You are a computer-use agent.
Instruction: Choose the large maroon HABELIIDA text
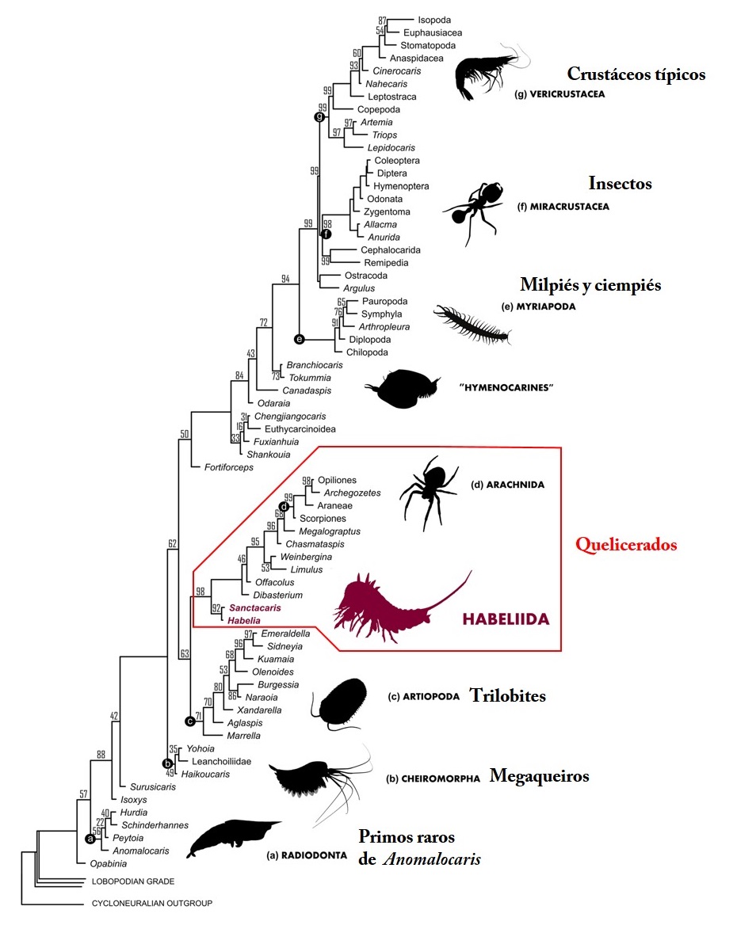point(505,619)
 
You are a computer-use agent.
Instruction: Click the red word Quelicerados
point(626,545)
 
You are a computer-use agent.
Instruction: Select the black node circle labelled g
point(320,116)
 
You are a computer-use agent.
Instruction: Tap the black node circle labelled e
point(299,339)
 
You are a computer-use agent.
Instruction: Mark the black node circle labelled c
point(189,721)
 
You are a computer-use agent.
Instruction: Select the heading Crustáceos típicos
point(636,74)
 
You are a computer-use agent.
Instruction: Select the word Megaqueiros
point(539,775)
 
